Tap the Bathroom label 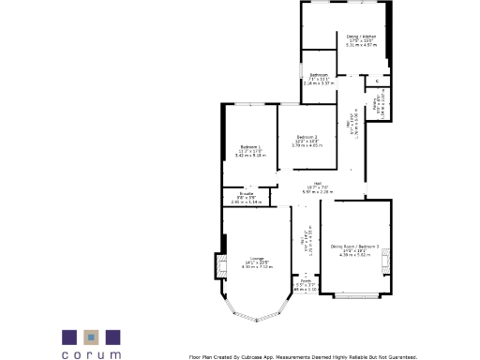click(320, 74)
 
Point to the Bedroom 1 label click(250, 146)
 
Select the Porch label click(306, 279)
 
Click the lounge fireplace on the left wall click(220, 266)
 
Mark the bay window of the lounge click(256, 315)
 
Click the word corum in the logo click(92, 355)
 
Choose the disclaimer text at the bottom click(302, 356)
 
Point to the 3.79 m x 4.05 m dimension click(307, 146)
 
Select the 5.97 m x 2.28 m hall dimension click(318, 191)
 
